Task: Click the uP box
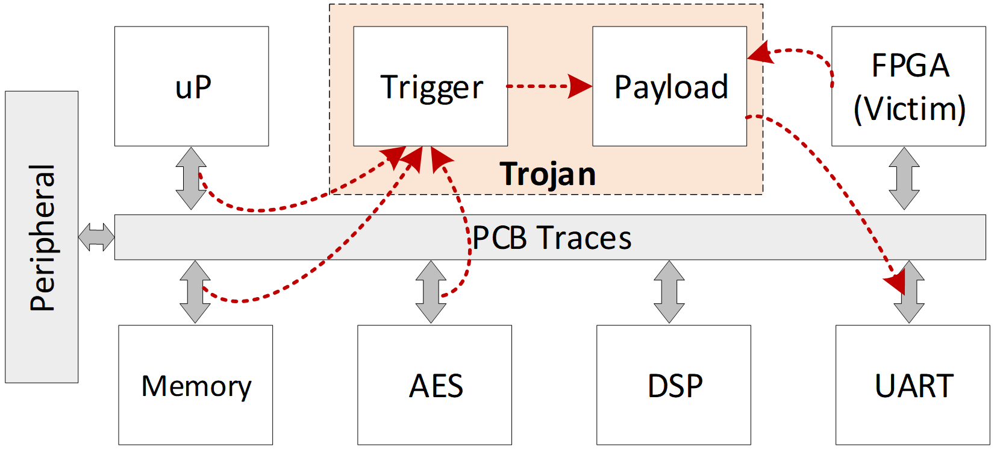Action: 192,86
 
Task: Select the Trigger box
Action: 430,86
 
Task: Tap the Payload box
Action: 669,86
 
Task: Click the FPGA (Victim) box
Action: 908,86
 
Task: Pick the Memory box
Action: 195,385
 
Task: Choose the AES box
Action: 434,385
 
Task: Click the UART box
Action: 913,385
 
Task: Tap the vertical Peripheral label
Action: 42,237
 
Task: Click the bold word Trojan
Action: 548,174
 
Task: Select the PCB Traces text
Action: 551,237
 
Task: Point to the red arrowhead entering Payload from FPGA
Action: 760,53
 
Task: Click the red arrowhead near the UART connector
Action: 896,281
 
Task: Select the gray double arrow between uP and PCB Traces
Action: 191,178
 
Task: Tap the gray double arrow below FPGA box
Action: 904,178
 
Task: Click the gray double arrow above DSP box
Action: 669,292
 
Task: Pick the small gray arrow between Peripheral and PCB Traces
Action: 96,237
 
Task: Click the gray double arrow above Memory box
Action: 195,292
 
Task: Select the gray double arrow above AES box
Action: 431,292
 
